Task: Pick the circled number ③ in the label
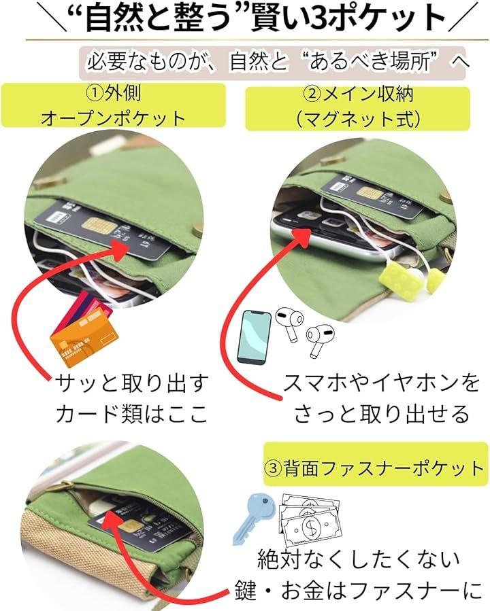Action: [x=273, y=468]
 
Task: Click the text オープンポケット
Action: [x=113, y=118]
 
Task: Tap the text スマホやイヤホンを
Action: [x=381, y=383]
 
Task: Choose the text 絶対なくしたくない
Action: [x=359, y=559]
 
